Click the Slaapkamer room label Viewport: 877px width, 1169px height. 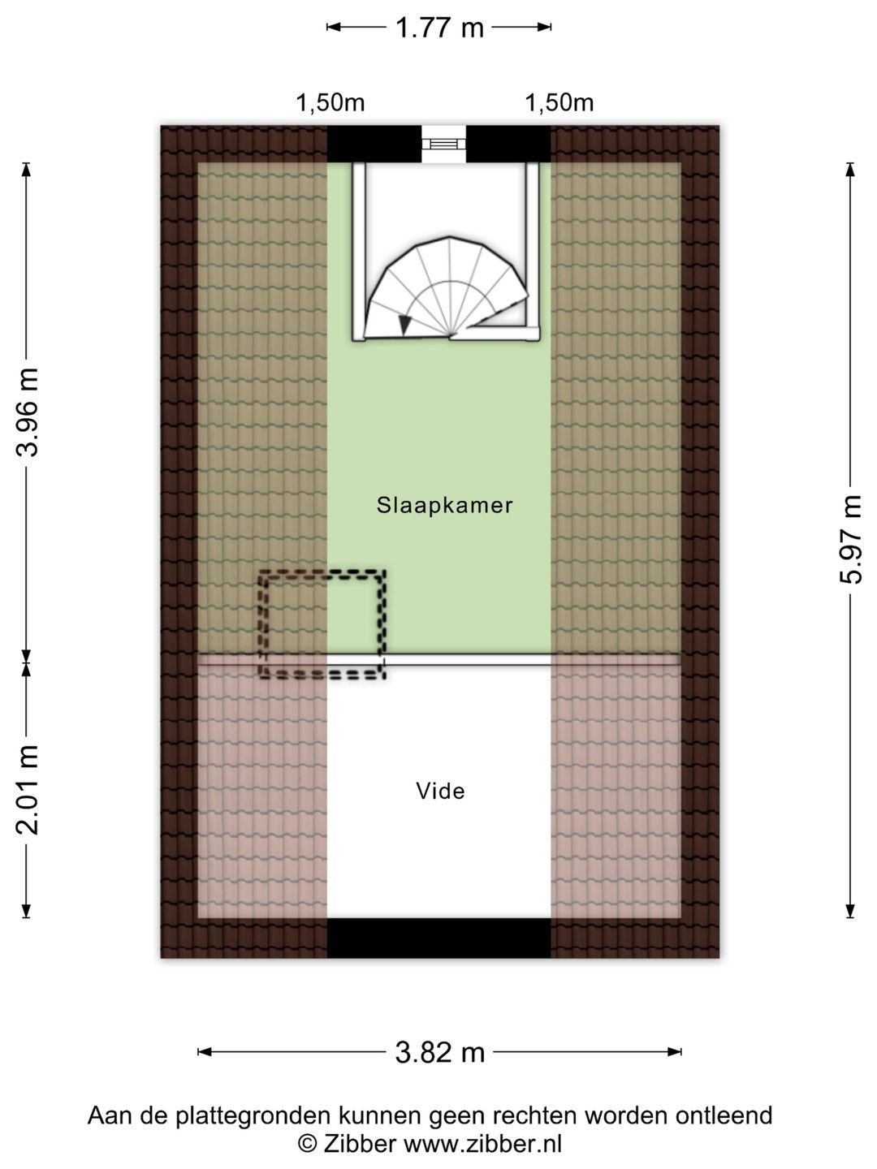[x=444, y=506]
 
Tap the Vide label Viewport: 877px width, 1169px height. [x=440, y=791]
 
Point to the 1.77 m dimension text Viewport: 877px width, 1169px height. [x=440, y=28]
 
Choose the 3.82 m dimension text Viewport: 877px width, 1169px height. [x=440, y=1052]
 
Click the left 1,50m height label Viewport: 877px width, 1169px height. [x=330, y=102]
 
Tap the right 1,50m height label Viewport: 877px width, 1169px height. [x=559, y=102]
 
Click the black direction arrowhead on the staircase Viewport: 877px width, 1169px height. [x=406, y=326]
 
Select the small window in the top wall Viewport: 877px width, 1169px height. [x=443, y=144]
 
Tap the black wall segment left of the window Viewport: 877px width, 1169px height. [x=374, y=144]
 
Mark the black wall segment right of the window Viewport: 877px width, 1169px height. [x=508, y=144]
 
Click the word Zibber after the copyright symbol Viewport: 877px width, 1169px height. [x=360, y=1144]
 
